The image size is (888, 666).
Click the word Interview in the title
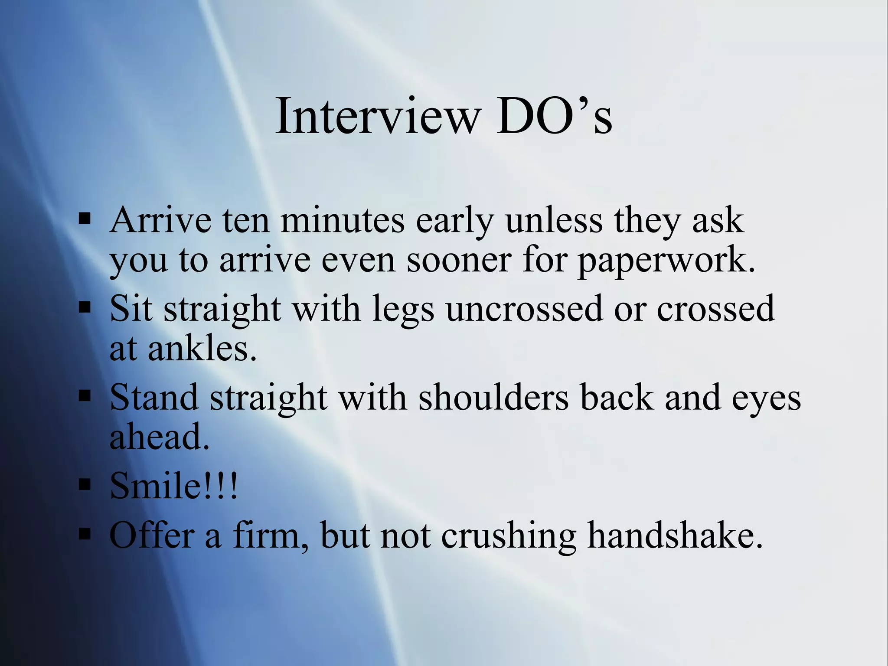(x=378, y=116)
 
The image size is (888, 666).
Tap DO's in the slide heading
(x=555, y=116)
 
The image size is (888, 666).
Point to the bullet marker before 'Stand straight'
(x=85, y=395)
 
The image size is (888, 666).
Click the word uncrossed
(x=525, y=309)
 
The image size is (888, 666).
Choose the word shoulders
(x=493, y=397)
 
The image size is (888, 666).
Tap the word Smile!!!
(x=174, y=486)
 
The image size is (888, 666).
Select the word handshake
(x=675, y=535)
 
